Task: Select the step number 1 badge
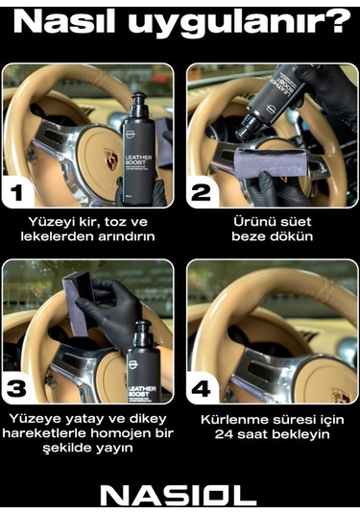tap(17, 193)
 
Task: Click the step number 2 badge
tap(203, 193)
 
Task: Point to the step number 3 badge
tap(17, 389)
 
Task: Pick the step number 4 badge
tap(203, 389)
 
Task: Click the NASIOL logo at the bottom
tap(180, 494)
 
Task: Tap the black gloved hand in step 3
tap(106, 317)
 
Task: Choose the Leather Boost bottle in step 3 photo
tap(145, 360)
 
